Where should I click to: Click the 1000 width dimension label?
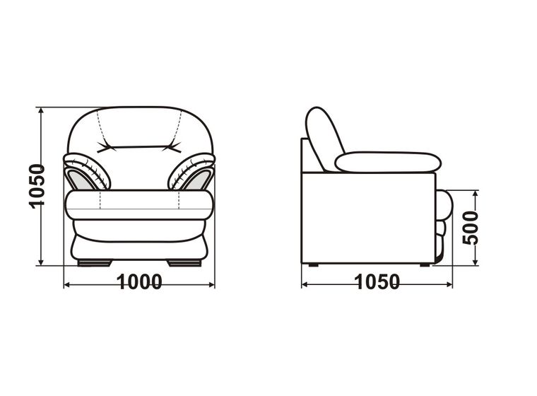[x=139, y=282]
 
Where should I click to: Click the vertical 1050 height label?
[x=37, y=186]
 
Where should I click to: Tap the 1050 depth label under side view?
[x=377, y=282]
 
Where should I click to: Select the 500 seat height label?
[x=470, y=228]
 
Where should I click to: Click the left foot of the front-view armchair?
[x=95, y=263]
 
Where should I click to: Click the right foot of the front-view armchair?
[x=184, y=263]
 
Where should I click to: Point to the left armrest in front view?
[x=87, y=171]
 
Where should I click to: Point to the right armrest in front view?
[x=191, y=171]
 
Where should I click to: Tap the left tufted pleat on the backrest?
[x=106, y=147]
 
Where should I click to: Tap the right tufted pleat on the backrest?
[x=172, y=146]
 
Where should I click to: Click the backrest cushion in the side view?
[x=324, y=139]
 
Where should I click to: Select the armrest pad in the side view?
[x=388, y=162]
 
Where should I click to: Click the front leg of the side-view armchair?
[x=425, y=264]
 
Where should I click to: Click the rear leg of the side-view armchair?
[x=313, y=264]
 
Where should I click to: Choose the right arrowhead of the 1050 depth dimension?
[x=449, y=284]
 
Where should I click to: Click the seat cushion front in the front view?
[x=139, y=205]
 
